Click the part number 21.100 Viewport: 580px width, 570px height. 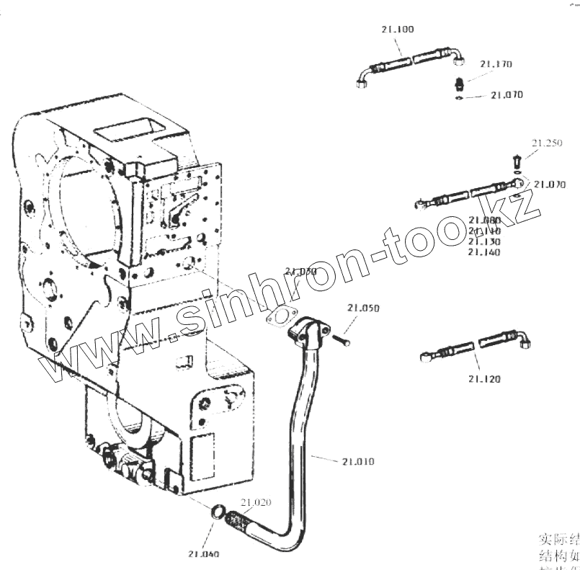pos(397,30)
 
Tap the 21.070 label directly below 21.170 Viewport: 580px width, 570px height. pos(507,95)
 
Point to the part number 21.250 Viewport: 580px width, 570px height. pos(547,143)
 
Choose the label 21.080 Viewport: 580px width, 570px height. pos(483,221)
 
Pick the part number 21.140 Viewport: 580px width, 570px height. pos(483,252)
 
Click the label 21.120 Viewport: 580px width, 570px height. pos(483,379)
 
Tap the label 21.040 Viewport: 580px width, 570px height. pos(204,554)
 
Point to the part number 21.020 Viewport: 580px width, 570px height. pos(256,503)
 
